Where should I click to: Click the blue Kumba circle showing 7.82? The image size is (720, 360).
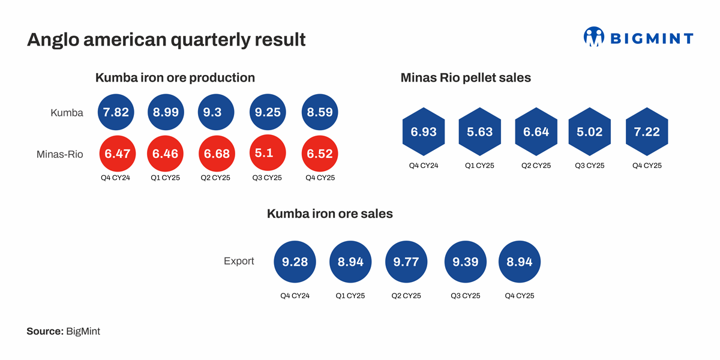coord(116,112)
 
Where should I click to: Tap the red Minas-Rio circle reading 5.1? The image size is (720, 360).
coord(268,154)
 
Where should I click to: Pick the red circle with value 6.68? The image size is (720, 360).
coord(217,154)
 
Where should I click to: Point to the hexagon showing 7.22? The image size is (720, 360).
coord(647,132)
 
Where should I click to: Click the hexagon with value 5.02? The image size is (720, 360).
coord(589,132)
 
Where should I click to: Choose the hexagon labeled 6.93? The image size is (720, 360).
coord(423,132)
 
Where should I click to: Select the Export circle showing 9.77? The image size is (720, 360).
coord(406,262)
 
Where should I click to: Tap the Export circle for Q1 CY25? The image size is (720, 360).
coord(350,262)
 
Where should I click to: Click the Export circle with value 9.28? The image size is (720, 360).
coord(294,262)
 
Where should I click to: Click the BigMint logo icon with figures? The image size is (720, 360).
coord(593,37)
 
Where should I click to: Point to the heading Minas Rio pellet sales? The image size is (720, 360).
coord(466,77)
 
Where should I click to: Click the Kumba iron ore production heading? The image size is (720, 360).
coord(175,77)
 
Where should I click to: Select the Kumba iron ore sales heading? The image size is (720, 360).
coord(330,214)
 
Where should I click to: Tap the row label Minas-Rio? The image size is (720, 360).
coord(60,154)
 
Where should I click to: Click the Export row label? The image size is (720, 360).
coord(239,261)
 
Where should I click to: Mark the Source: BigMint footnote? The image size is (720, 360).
coord(63,331)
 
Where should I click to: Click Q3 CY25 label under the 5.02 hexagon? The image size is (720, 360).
coord(589,166)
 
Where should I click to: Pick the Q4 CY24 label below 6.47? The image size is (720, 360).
coord(116,178)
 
